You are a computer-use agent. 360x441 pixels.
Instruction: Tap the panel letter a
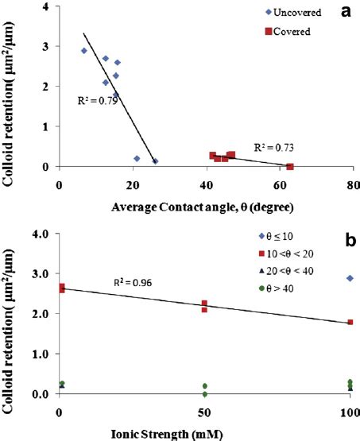345,14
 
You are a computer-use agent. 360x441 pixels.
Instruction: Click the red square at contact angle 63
290,167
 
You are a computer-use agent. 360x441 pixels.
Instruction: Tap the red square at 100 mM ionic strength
350,323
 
